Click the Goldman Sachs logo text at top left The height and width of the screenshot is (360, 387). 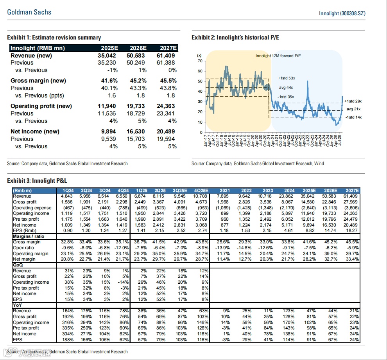(x=29, y=12)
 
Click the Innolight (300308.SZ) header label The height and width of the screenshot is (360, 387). (x=342, y=13)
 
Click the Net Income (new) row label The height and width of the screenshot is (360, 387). (x=35, y=131)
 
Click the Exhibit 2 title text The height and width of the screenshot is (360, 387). (x=235, y=38)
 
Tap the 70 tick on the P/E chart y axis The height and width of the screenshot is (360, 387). (x=200, y=61)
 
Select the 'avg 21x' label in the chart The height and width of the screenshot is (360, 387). (x=353, y=108)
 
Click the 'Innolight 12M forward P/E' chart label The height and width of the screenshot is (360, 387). (x=278, y=56)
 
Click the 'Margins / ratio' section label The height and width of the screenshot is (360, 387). (x=28, y=236)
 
